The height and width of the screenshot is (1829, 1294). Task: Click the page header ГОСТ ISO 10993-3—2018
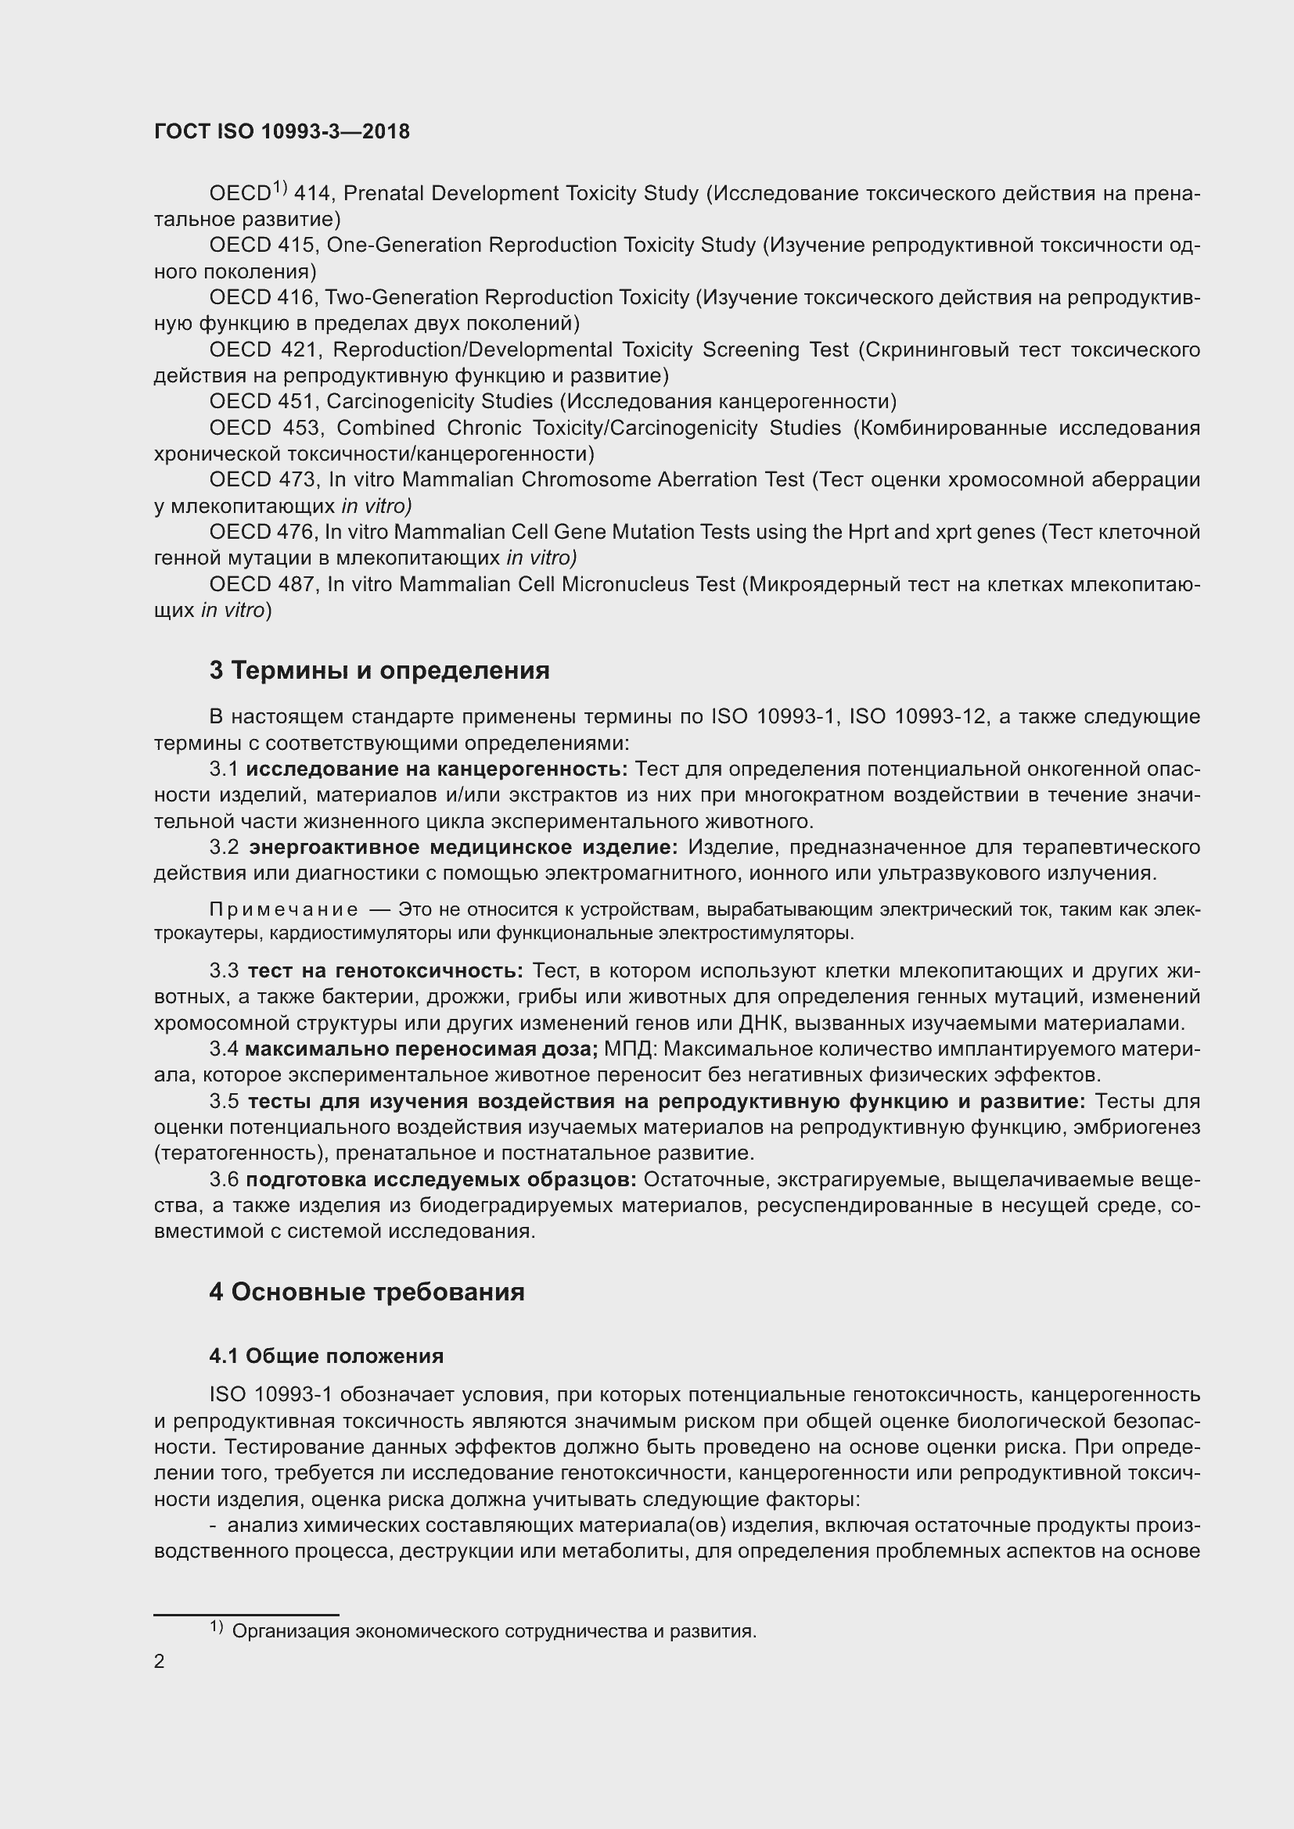(282, 131)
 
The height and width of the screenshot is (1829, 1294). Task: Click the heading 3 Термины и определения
(379, 670)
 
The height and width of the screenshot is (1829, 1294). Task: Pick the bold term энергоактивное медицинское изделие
(463, 847)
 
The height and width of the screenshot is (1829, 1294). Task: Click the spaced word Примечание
(284, 909)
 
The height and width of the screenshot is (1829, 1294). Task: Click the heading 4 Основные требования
(366, 1291)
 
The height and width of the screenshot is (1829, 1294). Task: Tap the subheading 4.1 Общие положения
(327, 1355)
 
